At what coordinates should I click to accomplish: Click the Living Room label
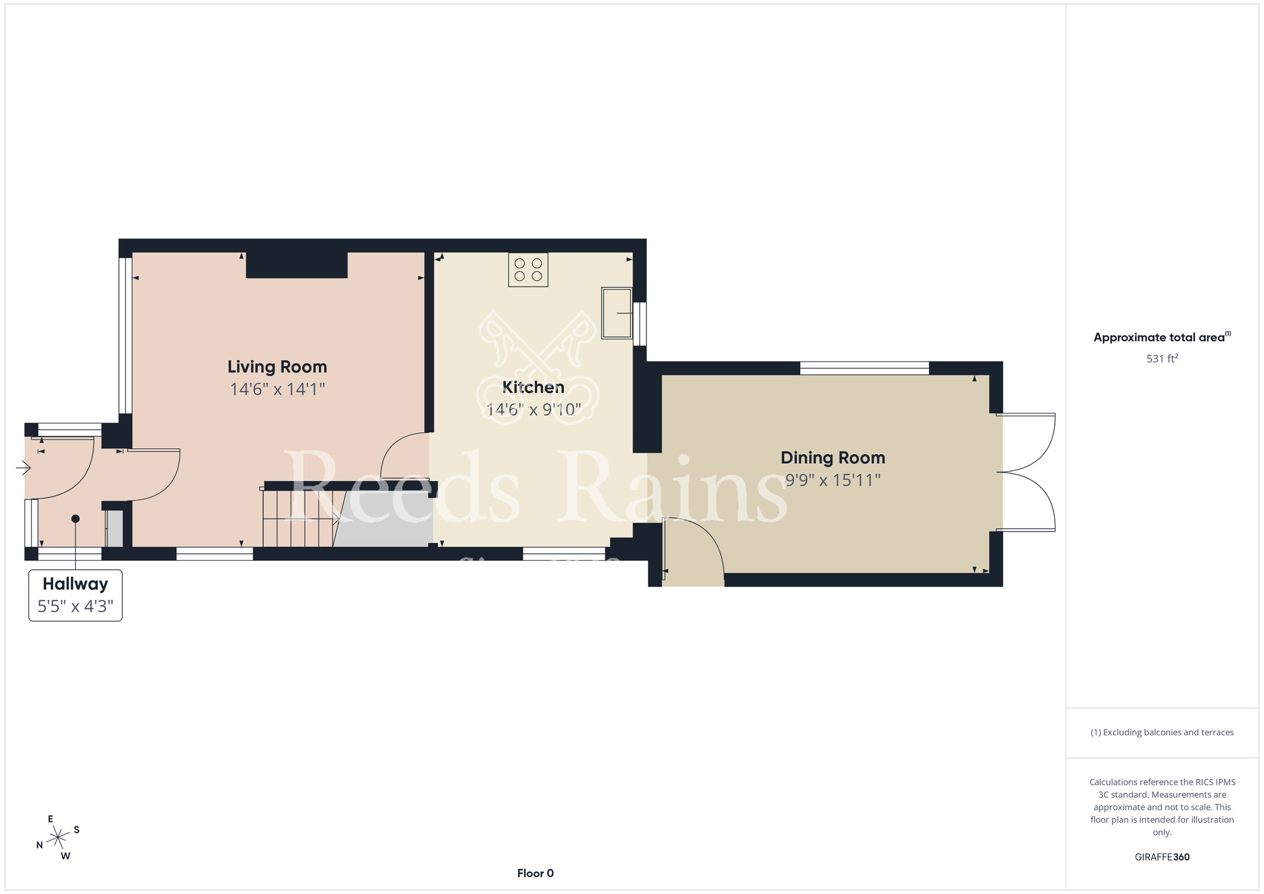coord(277,367)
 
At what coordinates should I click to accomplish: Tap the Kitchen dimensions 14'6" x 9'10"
coord(533,410)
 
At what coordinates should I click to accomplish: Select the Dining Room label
coord(832,458)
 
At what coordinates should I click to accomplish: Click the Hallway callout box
coord(75,595)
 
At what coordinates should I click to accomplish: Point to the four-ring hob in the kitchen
coord(528,270)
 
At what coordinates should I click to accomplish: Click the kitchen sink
coord(617,314)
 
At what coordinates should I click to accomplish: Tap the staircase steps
coord(299,518)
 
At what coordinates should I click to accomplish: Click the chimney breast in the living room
coord(296,265)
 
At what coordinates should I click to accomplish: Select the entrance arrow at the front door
coord(23,468)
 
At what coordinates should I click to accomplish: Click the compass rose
coord(58,838)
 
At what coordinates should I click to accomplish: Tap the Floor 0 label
coord(535,873)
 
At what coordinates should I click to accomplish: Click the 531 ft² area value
coord(1162,358)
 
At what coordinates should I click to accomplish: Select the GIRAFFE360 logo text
coord(1162,857)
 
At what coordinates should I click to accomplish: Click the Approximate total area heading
coord(1162,337)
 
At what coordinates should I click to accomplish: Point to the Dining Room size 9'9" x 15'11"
coord(832,481)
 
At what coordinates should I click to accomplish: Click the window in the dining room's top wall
coord(864,368)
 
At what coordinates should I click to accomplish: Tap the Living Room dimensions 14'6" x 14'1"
coord(277,389)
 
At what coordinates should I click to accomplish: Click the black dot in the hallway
coord(75,518)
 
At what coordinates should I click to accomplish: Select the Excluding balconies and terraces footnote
coord(1162,732)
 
